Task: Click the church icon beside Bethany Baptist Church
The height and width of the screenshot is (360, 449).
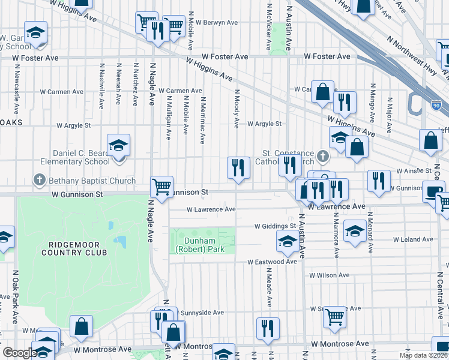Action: [x=40, y=180]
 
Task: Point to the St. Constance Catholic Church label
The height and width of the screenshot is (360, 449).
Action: [x=289, y=157]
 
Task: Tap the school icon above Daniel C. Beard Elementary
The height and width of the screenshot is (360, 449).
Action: [x=119, y=145]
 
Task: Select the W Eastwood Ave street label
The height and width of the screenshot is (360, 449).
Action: [x=272, y=262]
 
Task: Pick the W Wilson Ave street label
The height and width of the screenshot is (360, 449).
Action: [x=329, y=275]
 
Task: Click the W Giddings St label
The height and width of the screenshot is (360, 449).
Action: [x=276, y=226]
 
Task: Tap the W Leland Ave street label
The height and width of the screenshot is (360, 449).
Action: [x=413, y=239]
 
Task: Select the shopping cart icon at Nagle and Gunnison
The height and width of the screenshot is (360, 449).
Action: [x=161, y=186]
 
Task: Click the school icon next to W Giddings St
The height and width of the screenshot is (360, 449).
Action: [x=288, y=241]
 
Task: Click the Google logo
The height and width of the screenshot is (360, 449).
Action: [x=19, y=353]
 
